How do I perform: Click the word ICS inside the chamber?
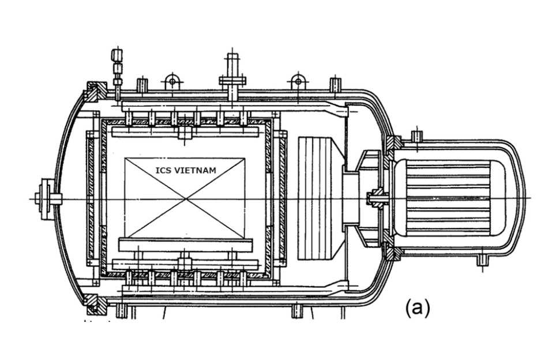coord(163,171)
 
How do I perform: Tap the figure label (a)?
coord(418,308)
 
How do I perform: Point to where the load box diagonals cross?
coord(186,199)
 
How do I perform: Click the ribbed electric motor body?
coord(449,198)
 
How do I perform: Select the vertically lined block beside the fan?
coord(315,198)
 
